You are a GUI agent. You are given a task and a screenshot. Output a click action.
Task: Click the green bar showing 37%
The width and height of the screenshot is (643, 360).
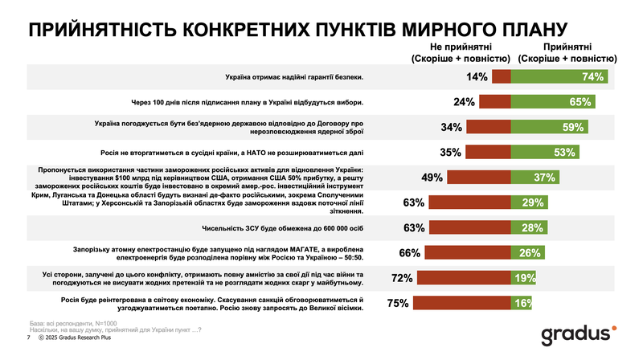pyautogui.click(x=536, y=178)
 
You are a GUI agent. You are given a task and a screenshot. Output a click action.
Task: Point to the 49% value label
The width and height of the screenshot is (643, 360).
pyautogui.click(x=433, y=178)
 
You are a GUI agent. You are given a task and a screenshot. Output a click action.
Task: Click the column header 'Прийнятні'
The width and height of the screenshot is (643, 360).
pyautogui.click(x=569, y=47)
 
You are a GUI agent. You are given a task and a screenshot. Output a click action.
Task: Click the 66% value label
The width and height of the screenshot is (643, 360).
pyautogui.click(x=410, y=253)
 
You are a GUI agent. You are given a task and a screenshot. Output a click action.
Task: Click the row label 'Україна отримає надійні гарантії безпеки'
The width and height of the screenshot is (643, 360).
pyautogui.click(x=293, y=77)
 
